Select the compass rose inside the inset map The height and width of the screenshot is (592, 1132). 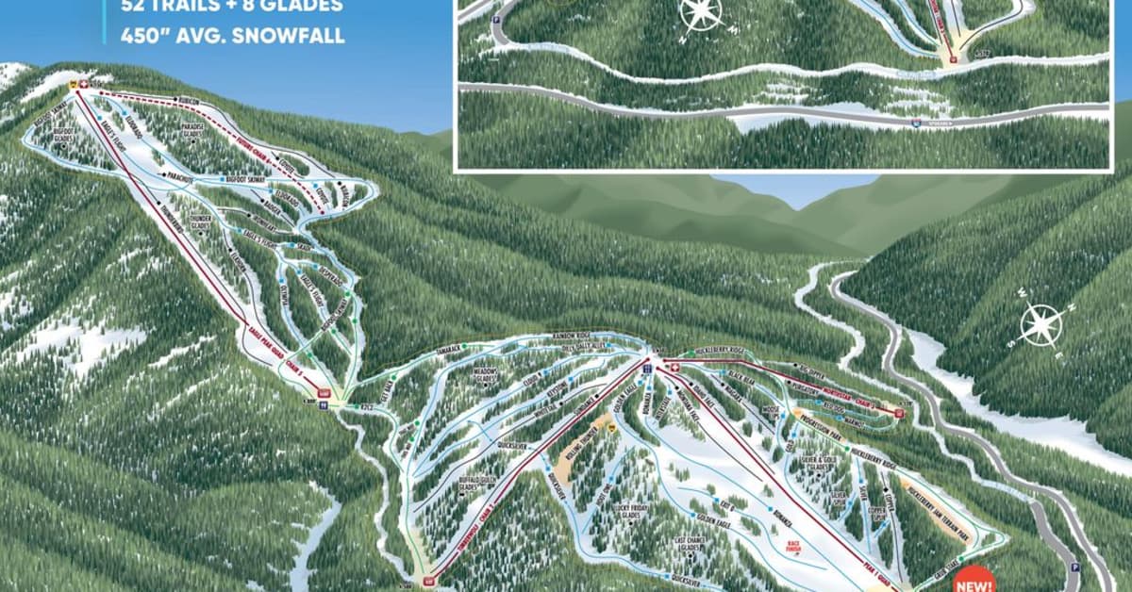(700, 12)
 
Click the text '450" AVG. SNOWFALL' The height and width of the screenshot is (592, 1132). (232, 38)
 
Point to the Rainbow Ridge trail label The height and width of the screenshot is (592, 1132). (575, 336)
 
